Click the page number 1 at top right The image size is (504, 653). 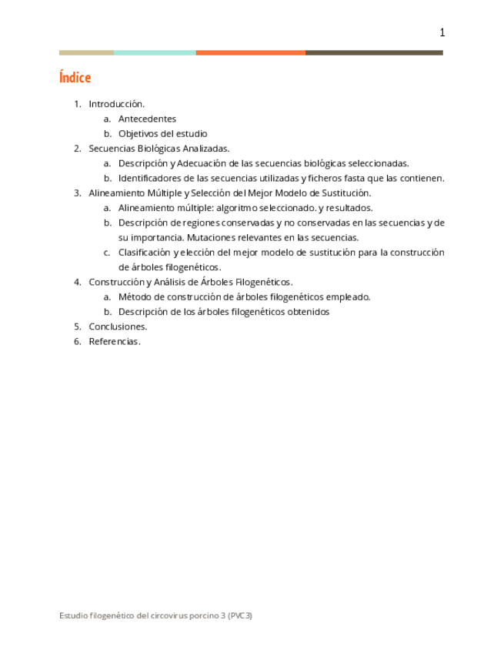tap(442, 32)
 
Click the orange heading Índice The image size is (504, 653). tap(75, 78)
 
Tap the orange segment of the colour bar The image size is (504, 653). tap(250, 52)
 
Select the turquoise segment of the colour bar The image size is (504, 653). tap(155, 52)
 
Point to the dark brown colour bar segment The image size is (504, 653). tap(374, 52)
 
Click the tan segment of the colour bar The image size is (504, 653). tap(86, 52)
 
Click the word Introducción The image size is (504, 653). tap(116, 104)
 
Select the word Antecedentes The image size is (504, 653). tap(147, 119)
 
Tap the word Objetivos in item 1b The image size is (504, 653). tap(138, 134)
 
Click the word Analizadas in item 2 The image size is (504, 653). tap(205, 149)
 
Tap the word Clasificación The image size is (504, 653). tap(144, 253)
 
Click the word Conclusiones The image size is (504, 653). tap(118, 326)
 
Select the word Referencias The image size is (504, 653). tap(115, 342)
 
